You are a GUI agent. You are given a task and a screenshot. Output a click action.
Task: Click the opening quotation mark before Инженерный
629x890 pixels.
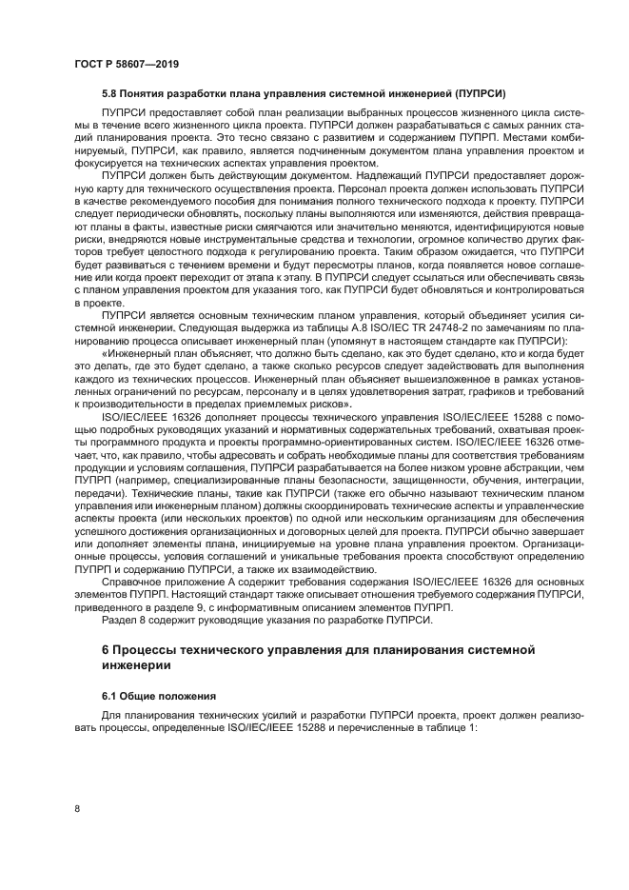tap(104, 352)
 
